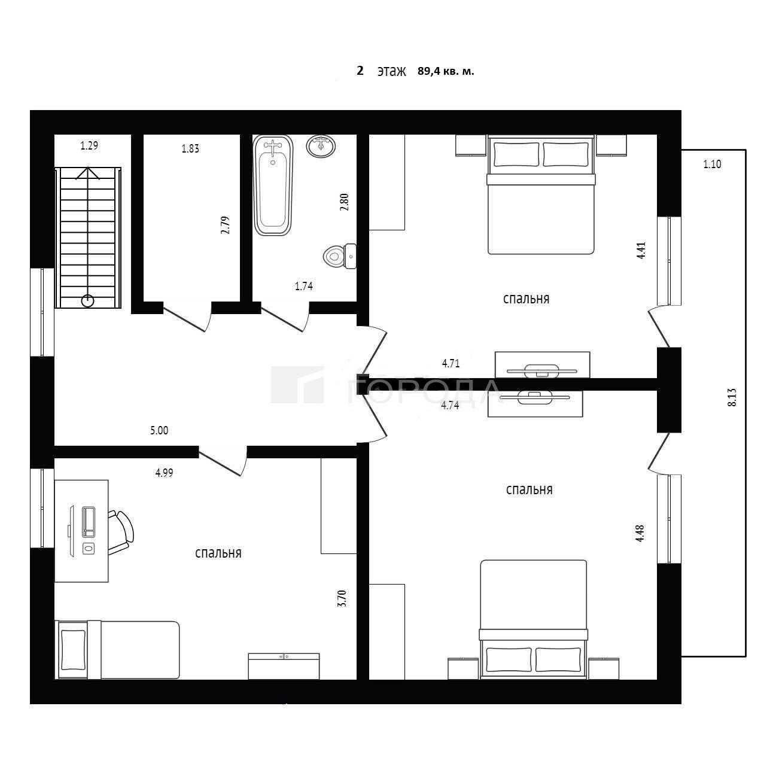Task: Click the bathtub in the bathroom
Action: (x=273, y=185)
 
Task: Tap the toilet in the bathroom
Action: (x=340, y=256)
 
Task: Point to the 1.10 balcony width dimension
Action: (x=712, y=164)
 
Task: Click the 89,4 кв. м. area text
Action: (x=446, y=71)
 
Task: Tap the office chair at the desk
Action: (x=121, y=532)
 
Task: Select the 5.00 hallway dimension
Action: (x=159, y=431)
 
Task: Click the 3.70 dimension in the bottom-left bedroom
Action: (x=342, y=598)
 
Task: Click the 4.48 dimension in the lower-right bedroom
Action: (x=640, y=533)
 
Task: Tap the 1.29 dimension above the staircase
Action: (x=89, y=145)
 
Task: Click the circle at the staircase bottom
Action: (x=88, y=300)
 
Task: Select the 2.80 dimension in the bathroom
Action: (x=344, y=202)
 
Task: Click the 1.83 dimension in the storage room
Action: (x=190, y=148)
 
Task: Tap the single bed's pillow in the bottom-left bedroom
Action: (x=73, y=651)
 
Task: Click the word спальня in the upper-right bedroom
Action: (x=526, y=299)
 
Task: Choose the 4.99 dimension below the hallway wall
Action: (x=165, y=473)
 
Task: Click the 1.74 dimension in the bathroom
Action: (x=304, y=287)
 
